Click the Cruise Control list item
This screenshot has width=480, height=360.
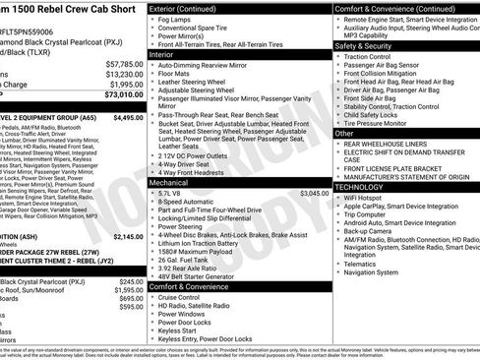pyautogui.click(x=186, y=296)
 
